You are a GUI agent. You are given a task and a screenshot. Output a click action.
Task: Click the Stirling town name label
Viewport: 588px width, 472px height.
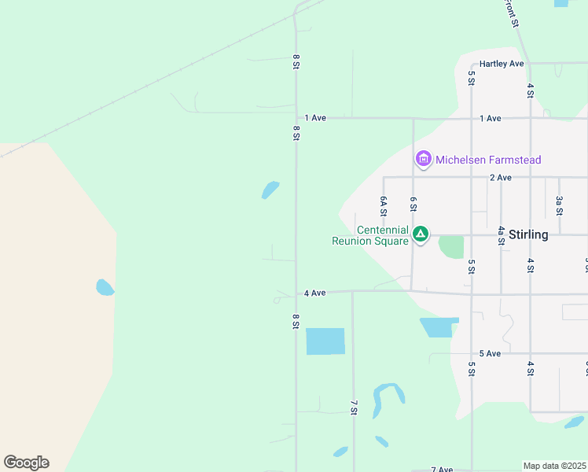click(x=527, y=234)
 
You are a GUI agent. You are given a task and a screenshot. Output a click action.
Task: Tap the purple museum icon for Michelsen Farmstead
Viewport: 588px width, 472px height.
click(x=424, y=160)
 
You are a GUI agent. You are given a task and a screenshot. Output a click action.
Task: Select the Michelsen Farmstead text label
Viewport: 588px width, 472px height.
click(x=488, y=160)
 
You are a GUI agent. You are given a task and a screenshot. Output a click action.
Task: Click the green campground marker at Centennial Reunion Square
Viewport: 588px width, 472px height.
click(x=421, y=234)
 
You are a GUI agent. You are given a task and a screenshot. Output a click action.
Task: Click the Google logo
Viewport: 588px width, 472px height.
click(x=26, y=462)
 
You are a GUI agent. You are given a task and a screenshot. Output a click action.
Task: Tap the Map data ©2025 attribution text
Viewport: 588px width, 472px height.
click(x=554, y=466)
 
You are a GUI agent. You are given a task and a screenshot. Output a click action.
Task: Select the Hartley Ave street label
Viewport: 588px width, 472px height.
click(x=502, y=64)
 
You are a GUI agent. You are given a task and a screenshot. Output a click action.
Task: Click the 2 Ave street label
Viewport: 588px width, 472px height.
click(x=500, y=178)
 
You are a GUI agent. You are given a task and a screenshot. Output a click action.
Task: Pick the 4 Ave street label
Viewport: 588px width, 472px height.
click(x=314, y=293)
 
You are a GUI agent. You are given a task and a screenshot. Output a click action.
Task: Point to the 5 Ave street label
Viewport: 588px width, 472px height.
click(x=490, y=354)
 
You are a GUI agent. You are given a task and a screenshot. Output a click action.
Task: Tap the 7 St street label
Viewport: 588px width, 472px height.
click(x=354, y=407)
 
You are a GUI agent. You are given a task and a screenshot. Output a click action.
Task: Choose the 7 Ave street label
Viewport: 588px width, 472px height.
click(x=443, y=470)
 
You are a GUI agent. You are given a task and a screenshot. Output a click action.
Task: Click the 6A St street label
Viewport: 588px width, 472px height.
click(x=383, y=207)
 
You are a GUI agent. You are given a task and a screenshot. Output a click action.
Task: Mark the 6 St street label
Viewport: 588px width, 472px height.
click(x=413, y=205)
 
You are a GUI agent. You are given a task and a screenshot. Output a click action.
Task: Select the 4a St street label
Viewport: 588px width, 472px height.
click(x=501, y=236)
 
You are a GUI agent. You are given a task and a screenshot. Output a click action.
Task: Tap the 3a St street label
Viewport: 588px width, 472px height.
click(x=559, y=205)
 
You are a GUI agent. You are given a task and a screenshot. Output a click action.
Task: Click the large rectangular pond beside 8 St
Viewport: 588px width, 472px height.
click(x=325, y=341)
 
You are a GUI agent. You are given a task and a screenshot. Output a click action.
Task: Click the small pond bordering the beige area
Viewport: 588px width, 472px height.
click(x=105, y=288)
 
